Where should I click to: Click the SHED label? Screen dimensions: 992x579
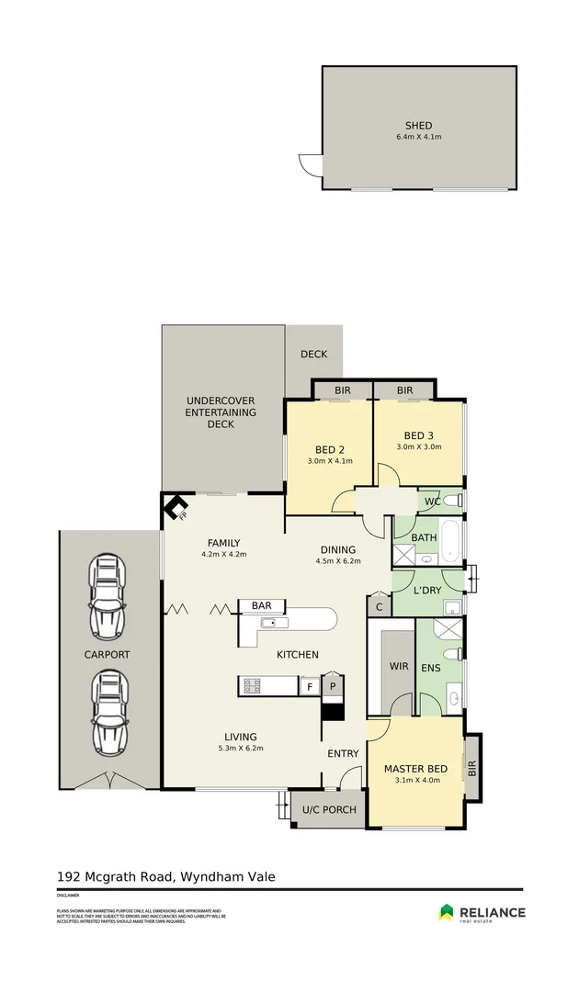point(418,126)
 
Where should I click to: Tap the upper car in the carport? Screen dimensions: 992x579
point(107,597)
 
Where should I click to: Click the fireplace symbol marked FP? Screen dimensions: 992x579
point(175,505)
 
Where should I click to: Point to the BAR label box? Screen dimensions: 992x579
point(262,606)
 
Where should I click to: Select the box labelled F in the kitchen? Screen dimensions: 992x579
point(310,686)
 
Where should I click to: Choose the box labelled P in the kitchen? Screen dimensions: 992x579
point(331,686)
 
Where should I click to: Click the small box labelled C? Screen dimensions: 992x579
point(379,606)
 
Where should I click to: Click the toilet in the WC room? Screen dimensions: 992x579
point(451,501)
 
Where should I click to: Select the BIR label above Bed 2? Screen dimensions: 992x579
point(342,390)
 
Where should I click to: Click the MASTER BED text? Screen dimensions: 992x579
point(415,769)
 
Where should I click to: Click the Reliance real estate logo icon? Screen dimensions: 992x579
point(446,911)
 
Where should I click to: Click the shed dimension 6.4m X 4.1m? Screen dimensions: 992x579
point(418,137)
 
